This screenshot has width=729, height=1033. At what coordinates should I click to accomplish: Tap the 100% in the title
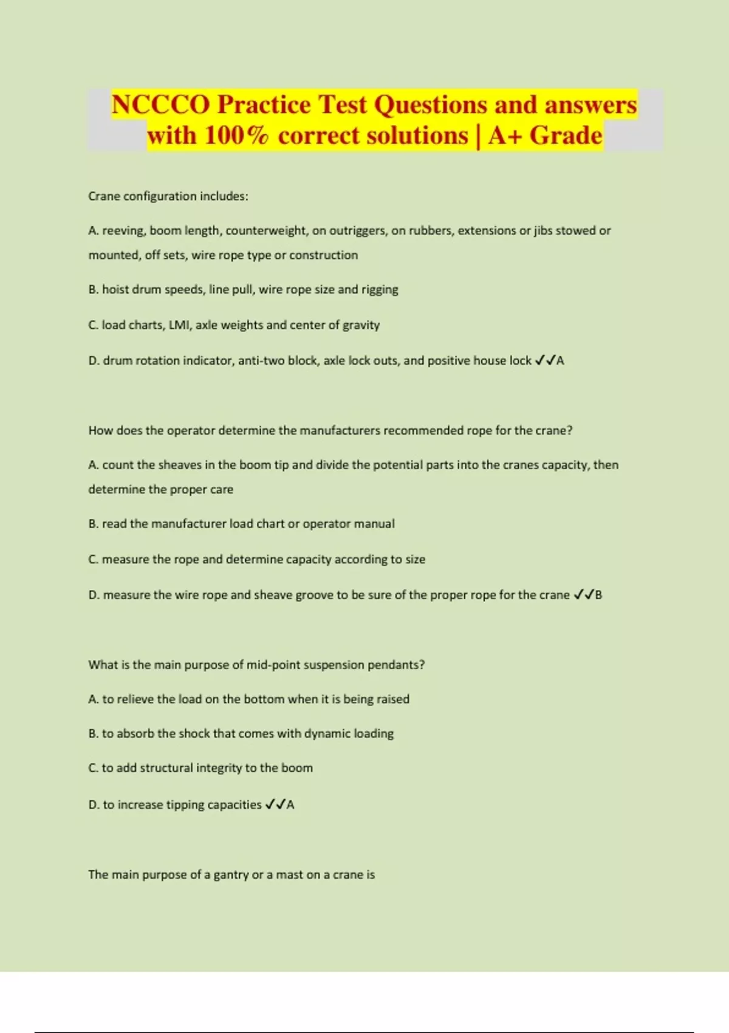236,136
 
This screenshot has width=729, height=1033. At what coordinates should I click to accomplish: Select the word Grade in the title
566,136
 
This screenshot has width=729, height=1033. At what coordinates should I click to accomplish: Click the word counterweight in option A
266,231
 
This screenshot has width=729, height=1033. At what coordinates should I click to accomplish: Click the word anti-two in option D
261,361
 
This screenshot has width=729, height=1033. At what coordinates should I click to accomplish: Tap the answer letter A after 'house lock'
560,361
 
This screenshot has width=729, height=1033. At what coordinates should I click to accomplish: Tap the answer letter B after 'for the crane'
598,595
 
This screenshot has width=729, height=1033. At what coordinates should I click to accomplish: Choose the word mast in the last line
289,875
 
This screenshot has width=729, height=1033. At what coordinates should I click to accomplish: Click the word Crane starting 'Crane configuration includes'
104,196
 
